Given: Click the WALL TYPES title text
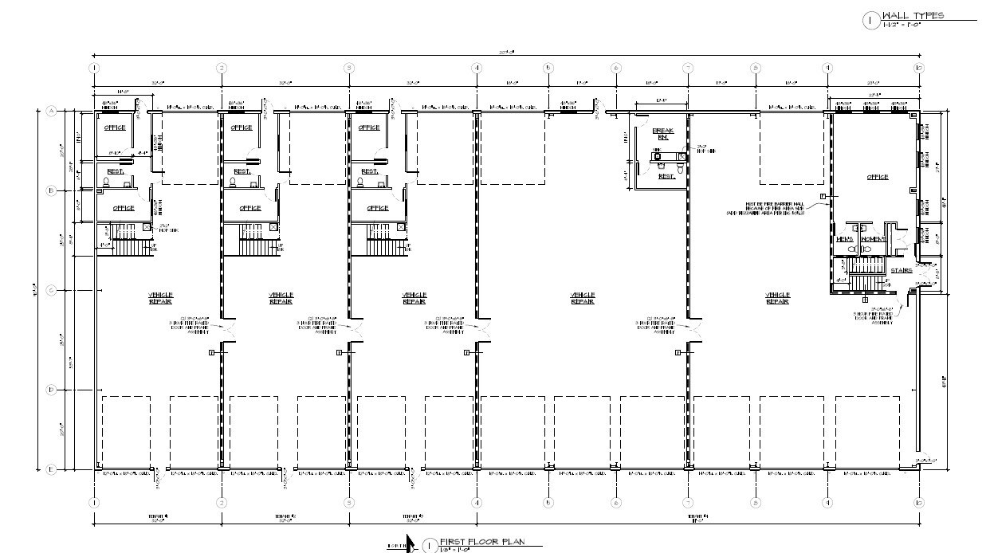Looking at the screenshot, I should (913, 15).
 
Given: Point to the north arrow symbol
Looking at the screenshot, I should (410, 543).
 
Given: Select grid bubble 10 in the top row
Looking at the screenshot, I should (918, 69).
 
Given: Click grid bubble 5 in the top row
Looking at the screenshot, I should (548, 69).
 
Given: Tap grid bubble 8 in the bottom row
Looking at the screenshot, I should (755, 503).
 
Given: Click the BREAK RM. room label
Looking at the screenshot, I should (663, 134).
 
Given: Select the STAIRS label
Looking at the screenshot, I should (901, 271).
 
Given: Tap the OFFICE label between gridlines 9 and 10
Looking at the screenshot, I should (878, 177).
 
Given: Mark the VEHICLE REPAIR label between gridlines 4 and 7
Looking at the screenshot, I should (582, 298).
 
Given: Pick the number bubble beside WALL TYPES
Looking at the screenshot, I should (870, 21).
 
